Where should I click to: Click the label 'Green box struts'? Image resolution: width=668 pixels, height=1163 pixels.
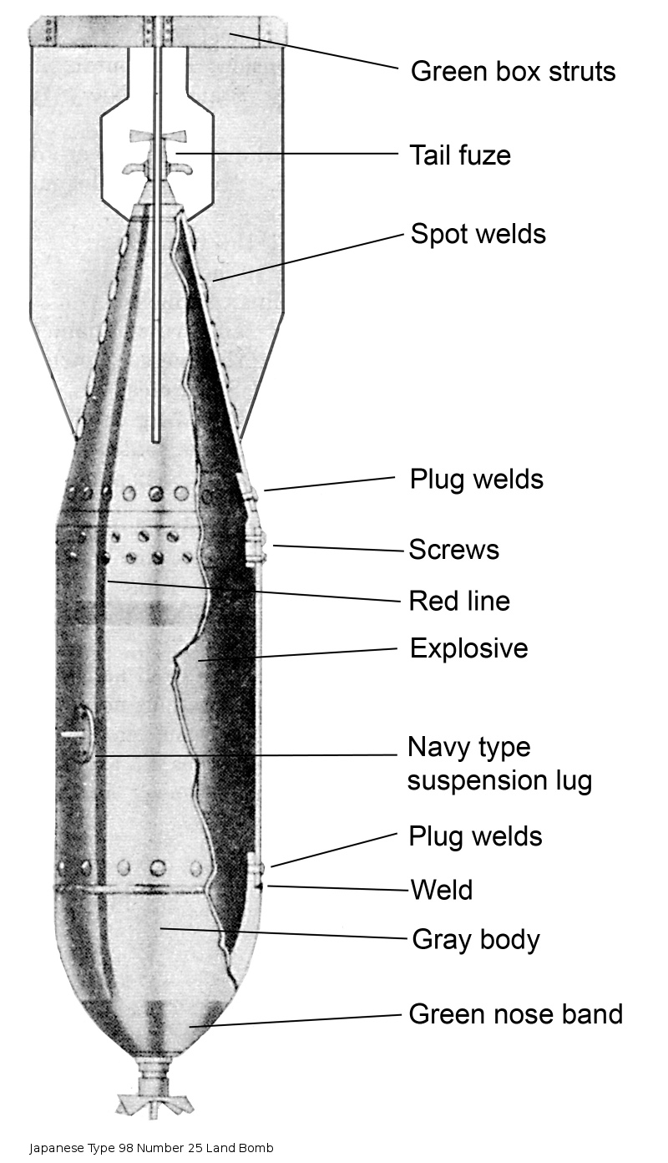point(513,71)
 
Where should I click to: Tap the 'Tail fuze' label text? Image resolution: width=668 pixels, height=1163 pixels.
point(460,155)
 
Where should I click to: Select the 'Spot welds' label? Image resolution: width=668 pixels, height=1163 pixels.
point(478,234)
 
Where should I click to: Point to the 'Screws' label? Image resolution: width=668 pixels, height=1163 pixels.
point(453,549)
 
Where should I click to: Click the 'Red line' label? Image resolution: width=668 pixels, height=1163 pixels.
point(459,601)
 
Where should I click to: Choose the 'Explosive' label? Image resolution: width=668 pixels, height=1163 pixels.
point(468,648)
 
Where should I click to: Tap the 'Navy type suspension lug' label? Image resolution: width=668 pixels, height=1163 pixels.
point(499,764)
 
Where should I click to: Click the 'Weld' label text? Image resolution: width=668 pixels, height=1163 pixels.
point(442,890)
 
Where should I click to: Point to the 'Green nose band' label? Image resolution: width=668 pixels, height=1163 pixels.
point(515,1014)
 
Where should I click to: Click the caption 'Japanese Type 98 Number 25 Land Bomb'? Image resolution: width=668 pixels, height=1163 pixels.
point(151,1148)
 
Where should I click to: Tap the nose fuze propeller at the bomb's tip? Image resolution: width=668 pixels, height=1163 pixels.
point(154,1100)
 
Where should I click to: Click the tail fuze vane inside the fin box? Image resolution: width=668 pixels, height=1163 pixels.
point(158,138)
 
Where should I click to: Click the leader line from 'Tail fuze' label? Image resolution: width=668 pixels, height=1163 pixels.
point(287,154)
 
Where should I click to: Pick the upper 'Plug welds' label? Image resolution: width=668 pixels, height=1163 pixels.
point(477,480)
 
